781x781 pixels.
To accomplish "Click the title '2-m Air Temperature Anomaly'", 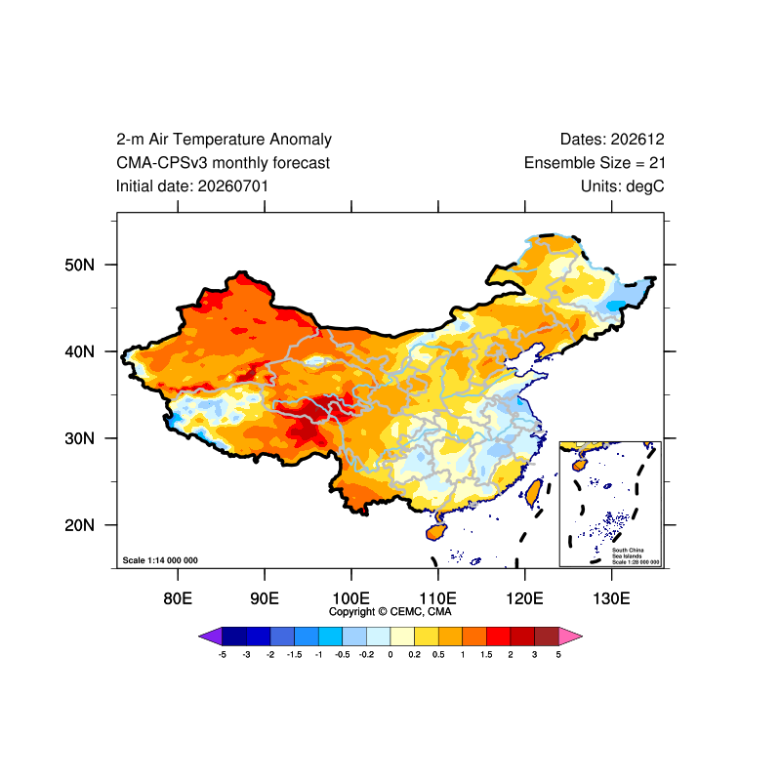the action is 224,139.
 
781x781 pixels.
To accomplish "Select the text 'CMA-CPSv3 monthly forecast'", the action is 223,163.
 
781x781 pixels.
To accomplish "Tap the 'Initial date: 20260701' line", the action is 191,186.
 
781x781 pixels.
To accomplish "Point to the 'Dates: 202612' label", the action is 612,139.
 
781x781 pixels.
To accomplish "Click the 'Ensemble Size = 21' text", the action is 595,163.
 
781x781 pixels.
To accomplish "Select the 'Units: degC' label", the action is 622,186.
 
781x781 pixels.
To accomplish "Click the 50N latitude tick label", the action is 80,265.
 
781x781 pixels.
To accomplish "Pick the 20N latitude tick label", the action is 80,525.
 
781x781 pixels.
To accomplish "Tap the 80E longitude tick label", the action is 178,597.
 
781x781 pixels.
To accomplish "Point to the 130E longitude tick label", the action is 611,597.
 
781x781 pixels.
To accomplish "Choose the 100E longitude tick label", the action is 351,597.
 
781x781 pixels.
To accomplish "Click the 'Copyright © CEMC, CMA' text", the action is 390,612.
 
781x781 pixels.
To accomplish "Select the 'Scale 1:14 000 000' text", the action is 160,560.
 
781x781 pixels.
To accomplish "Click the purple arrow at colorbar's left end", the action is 210,637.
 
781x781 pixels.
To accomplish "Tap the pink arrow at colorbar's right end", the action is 571,637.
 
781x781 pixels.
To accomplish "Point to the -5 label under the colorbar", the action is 223,654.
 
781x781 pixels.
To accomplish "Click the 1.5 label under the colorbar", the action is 486,654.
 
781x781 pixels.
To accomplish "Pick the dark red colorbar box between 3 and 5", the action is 547,637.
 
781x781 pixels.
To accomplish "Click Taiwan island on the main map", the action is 534,493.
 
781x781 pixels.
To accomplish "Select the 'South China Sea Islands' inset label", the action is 628,553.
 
